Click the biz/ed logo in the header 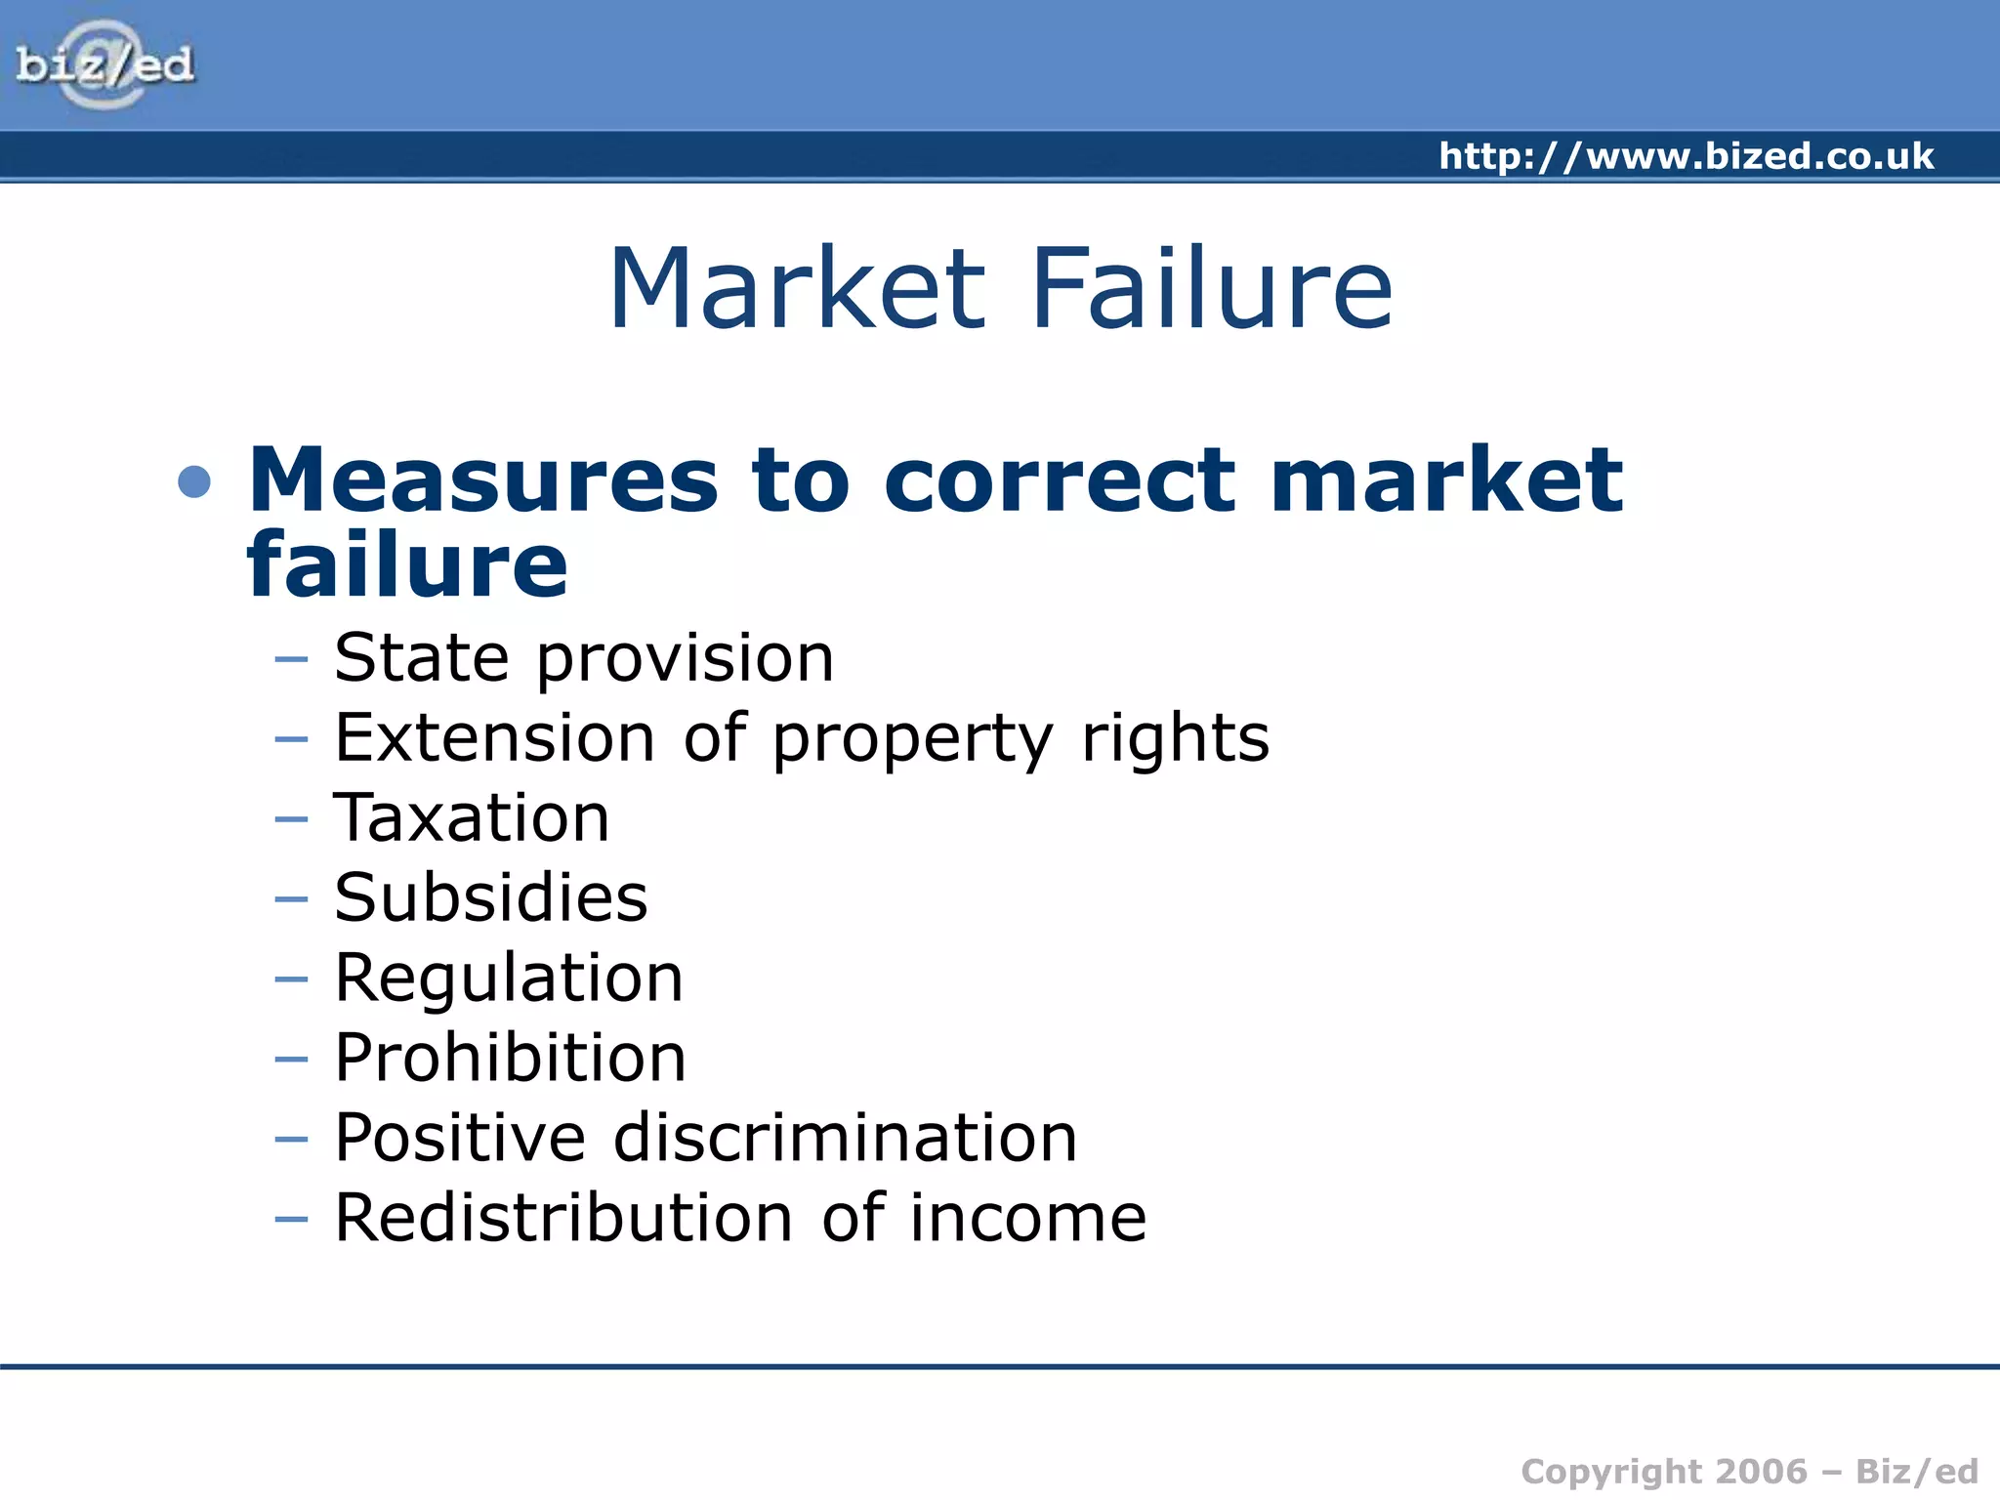pyautogui.click(x=104, y=64)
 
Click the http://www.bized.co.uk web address pyautogui.click(x=1686, y=156)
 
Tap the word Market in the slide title pyautogui.click(x=797, y=288)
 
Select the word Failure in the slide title pyautogui.click(x=1211, y=288)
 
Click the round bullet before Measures pyautogui.click(x=194, y=481)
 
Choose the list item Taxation pyautogui.click(x=472, y=817)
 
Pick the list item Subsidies pyautogui.click(x=490, y=897)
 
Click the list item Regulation pyautogui.click(x=508, y=979)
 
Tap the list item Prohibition pyautogui.click(x=510, y=1058)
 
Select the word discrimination pyautogui.click(x=845, y=1138)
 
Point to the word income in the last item pyautogui.click(x=1027, y=1218)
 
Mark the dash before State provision pyautogui.click(x=291, y=660)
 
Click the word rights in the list pyautogui.click(x=1175, y=739)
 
